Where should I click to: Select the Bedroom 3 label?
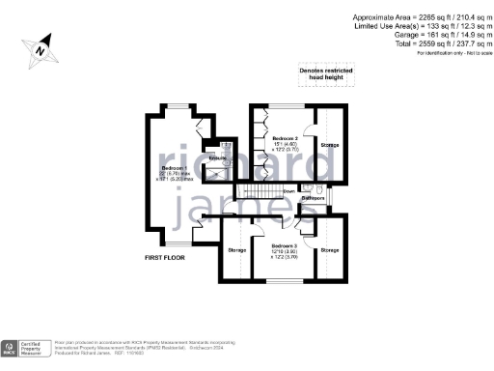tap(284, 245)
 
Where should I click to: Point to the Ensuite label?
tap(218, 157)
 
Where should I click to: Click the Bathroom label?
tap(312, 198)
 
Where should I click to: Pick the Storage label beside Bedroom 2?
tap(330, 146)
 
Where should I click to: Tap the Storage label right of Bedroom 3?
tap(330, 251)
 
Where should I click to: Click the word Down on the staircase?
tap(288, 191)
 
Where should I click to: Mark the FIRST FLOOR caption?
tap(164, 259)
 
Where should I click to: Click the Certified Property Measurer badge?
tap(25, 349)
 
